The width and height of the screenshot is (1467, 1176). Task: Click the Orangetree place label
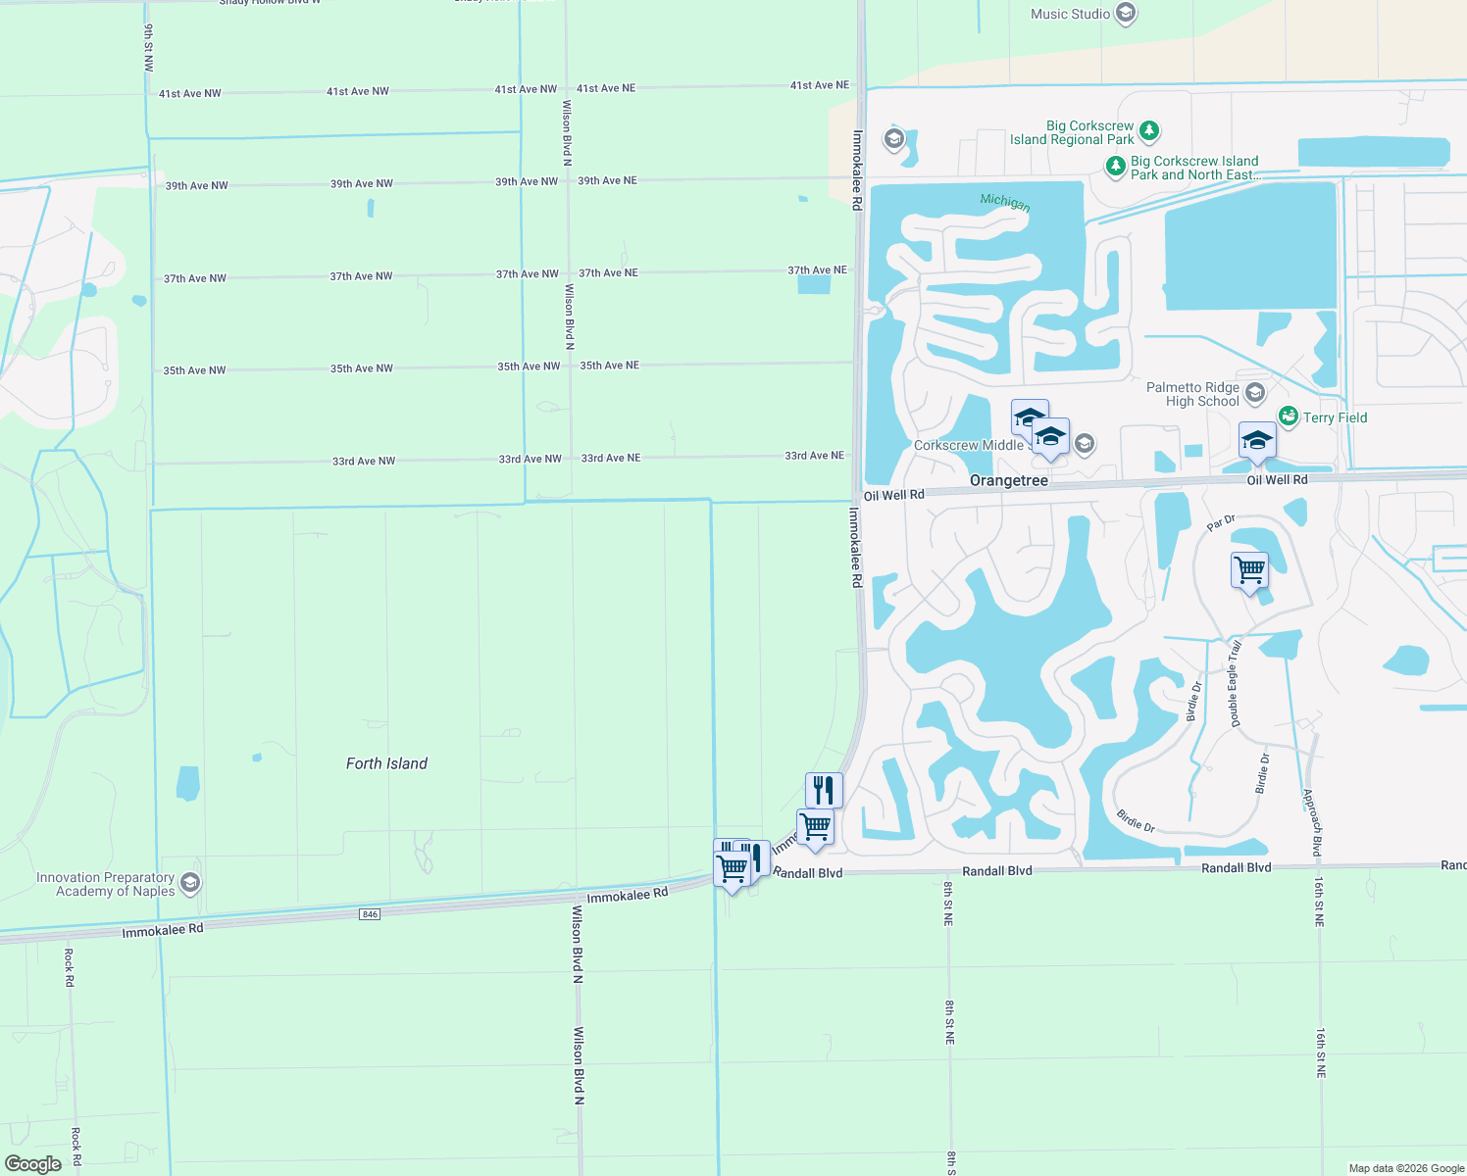(1008, 480)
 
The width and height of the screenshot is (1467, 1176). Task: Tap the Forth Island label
(386, 763)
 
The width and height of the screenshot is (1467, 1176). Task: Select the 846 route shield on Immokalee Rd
(369, 914)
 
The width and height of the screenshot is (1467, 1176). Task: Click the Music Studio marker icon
(1126, 14)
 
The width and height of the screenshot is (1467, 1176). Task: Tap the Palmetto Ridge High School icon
(1254, 394)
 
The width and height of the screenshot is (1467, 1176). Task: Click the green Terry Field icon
(1289, 417)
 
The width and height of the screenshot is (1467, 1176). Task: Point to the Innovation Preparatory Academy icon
(190, 883)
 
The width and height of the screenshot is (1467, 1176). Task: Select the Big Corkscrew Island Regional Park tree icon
(1149, 130)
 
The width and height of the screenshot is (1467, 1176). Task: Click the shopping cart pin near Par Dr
(1249, 569)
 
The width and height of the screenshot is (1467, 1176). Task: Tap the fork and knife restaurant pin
(824, 789)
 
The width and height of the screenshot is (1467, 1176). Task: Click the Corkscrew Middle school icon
(1084, 445)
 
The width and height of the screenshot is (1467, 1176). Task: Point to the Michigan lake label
(1005, 202)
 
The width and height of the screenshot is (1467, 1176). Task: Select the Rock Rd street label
(69, 966)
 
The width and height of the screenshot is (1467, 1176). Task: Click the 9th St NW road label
(149, 48)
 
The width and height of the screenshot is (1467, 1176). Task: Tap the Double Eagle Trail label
(1236, 683)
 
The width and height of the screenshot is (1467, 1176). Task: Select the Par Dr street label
(1220, 523)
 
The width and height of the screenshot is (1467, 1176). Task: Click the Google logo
(33, 1164)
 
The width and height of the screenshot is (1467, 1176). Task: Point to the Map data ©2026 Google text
(1406, 1168)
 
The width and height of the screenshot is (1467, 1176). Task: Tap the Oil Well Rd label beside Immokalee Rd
(893, 495)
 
